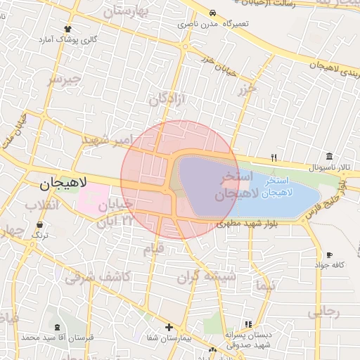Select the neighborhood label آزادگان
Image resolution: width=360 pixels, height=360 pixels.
pyautogui.click(x=167, y=99)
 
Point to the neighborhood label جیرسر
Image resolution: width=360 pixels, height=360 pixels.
pyautogui.click(x=65, y=79)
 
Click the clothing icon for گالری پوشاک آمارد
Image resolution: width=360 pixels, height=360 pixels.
pyautogui.click(x=67, y=28)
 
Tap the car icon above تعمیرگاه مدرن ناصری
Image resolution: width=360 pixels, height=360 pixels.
pyautogui.click(x=212, y=13)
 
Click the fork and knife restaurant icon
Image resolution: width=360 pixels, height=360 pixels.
pyautogui.click(x=274, y=157)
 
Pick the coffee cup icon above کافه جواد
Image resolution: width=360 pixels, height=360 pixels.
pyautogui.click(x=329, y=255)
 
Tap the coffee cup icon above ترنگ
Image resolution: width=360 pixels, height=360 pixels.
pyautogui.click(x=40, y=225)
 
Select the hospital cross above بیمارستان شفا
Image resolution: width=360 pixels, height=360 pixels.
pyautogui.click(x=169, y=327)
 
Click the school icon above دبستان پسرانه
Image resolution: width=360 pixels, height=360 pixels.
pyautogui.click(x=247, y=324)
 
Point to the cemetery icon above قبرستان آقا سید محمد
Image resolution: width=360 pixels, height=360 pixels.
pyautogui.click(x=57, y=327)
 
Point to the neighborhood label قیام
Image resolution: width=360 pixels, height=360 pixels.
pyautogui.click(x=153, y=249)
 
